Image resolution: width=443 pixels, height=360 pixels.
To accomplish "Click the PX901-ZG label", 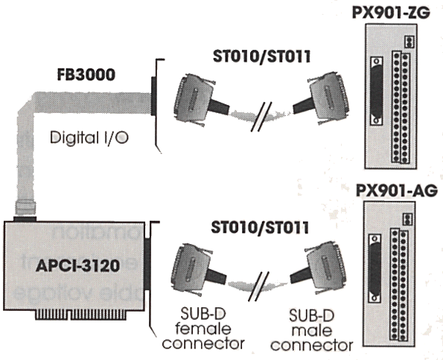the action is (391, 13).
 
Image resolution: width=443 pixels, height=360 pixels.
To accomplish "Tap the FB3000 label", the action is (86, 75).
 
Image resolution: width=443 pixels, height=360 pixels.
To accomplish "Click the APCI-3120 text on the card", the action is (77, 266).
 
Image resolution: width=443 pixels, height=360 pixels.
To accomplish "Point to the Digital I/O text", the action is (89, 138).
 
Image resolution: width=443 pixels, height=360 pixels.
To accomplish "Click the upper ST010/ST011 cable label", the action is (261, 57).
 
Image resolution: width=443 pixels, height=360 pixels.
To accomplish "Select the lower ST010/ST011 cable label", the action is (260, 228).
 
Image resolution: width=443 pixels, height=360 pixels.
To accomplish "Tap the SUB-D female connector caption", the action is (203, 329).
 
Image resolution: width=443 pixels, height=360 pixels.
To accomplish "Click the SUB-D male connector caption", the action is (312, 330).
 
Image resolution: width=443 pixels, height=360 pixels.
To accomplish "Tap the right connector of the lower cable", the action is (321, 269).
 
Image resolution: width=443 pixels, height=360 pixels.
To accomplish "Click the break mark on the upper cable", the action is (261, 117).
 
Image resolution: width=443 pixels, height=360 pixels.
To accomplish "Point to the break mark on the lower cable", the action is (258, 286).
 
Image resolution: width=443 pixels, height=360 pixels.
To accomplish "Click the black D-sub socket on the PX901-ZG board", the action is (377, 91).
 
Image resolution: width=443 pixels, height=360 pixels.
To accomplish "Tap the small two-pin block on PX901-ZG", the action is (409, 42).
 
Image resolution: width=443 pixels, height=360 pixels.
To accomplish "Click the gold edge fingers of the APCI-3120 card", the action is (80, 315).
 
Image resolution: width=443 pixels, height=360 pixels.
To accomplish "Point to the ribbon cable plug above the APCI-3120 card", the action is (25, 208).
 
